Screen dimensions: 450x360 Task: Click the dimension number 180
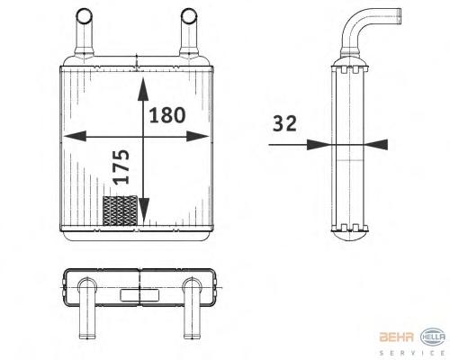(x=167, y=115)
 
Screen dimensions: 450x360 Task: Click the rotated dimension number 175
(x=121, y=166)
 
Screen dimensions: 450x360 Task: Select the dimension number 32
(x=284, y=123)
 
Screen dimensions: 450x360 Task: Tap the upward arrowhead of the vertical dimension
(x=143, y=89)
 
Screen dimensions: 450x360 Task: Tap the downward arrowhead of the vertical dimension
(x=144, y=211)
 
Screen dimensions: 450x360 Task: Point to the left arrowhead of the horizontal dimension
(x=76, y=136)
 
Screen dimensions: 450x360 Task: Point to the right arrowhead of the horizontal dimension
(x=197, y=136)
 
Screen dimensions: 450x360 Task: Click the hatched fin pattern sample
(x=120, y=211)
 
